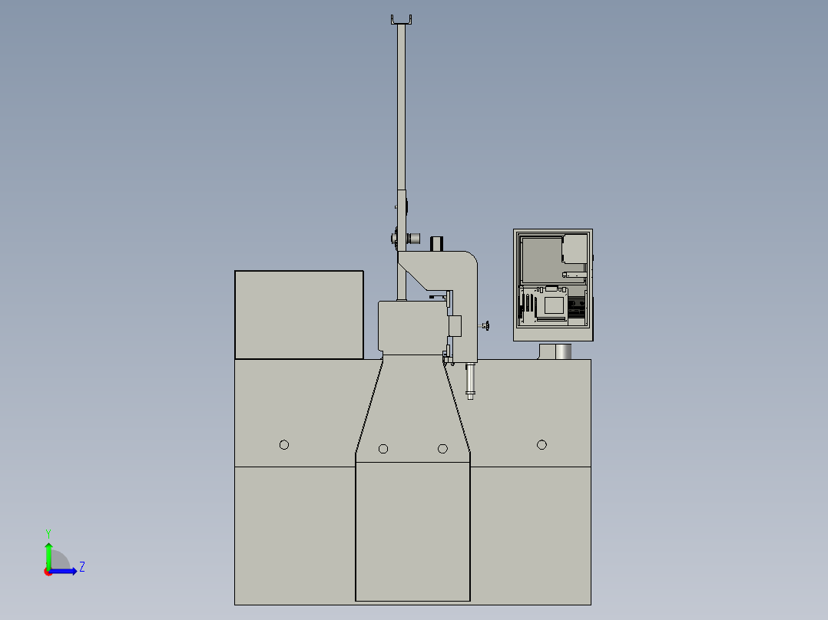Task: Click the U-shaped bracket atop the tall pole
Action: (x=402, y=20)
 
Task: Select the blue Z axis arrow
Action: (x=65, y=570)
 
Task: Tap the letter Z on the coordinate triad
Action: (x=81, y=567)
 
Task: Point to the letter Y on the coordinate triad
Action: (x=48, y=533)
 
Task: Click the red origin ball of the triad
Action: (x=48, y=571)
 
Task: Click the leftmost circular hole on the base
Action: (x=284, y=444)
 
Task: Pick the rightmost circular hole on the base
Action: (x=542, y=444)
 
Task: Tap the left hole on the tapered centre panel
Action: (x=383, y=448)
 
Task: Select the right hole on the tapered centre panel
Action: (x=442, y=448)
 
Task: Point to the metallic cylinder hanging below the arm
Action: (x=471, y=381)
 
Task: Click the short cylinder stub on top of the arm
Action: (x=437, y=243)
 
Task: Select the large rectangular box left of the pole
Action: (x=299, y=315)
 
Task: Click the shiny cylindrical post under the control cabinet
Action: (x=561, y=351)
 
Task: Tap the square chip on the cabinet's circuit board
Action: (x=554, y=305)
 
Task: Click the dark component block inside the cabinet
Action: (x=576, y=308)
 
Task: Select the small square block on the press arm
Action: (x=454, y=325)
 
